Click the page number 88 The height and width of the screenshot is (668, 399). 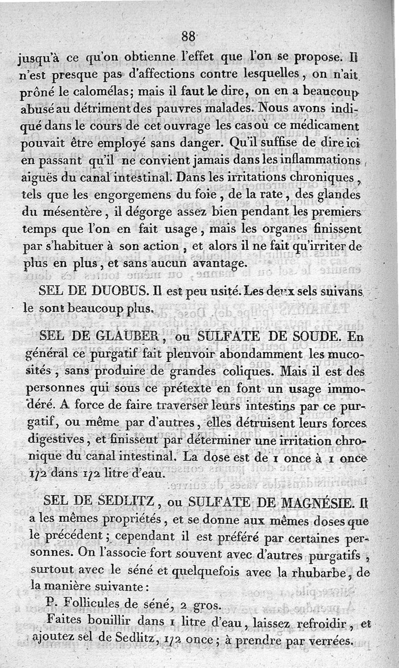point(188,36)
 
